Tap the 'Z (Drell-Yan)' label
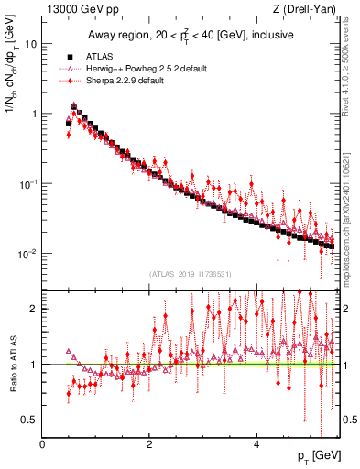point(307,9)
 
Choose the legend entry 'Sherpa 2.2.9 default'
point(124,82)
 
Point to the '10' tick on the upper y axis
point(30,44)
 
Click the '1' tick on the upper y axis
point(34,114)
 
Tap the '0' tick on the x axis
point(42,444)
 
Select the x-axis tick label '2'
point(149,444)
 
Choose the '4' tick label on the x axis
point(256,444)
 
